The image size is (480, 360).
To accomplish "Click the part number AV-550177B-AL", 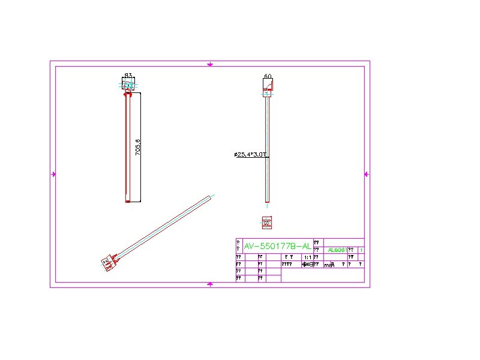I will [277, 246].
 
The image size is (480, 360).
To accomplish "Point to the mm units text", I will [328, 264].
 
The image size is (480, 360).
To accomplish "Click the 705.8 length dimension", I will [138, 148].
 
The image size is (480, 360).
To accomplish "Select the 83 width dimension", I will [128, 75].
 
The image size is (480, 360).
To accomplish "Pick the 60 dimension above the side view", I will [268, 76].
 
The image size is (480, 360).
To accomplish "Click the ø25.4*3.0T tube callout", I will [250, 155].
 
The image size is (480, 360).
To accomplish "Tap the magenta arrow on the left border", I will [53, 174].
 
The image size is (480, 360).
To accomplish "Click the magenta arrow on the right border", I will [367, 174].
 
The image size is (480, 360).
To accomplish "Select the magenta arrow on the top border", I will [209, 64].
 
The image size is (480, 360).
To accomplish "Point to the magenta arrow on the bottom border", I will [209, 284].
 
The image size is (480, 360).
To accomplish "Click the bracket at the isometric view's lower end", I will [110, 260].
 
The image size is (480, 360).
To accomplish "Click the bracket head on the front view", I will [128, 85].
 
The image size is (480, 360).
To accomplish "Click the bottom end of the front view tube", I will [128, 201].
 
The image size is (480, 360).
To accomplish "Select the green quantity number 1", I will [360, 250].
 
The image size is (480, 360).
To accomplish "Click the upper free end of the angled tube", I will [211, 196].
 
